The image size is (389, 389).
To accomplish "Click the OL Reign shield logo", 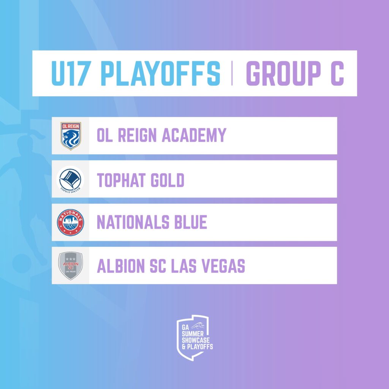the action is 71,136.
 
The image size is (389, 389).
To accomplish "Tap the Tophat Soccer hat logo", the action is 70,180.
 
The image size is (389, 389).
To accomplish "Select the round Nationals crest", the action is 70,222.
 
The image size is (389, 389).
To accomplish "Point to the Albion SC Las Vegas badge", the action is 70,266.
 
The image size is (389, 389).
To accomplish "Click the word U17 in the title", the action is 70,73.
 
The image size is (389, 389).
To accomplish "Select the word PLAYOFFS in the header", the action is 160,73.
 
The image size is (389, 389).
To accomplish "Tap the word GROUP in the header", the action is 283,73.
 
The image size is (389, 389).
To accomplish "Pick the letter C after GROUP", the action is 337,73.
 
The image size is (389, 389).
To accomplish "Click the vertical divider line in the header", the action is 232,73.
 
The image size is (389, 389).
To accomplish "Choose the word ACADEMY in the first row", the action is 194,135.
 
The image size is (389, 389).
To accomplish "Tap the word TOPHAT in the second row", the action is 121,180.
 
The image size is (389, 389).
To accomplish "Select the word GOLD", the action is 168,180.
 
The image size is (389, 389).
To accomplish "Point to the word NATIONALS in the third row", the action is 133,222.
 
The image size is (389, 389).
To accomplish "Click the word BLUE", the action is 191,222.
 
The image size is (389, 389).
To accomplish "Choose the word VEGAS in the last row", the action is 223,266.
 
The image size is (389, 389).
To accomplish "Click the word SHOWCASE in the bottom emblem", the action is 196,340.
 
